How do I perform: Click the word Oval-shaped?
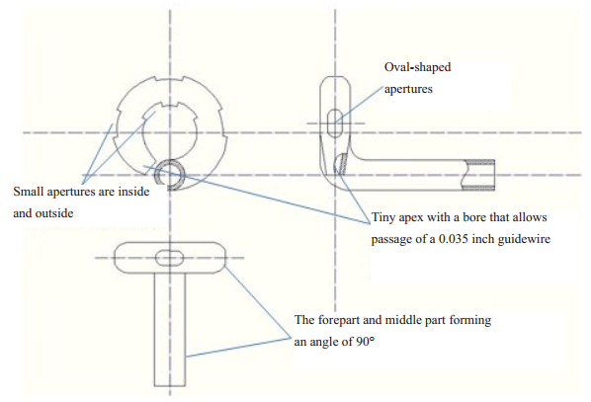[x=417, y=67]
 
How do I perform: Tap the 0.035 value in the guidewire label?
[x=453, y=239]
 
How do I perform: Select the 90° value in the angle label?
[x=365, y=342]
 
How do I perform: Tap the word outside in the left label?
[x=54, y=213]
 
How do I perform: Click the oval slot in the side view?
[x=334, y=123]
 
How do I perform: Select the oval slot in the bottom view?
[x=170, y=258]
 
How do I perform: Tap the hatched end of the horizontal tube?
[x=479, y=175]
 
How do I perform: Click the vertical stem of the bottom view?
[x=170, y=329]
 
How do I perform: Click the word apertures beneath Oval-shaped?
[x=408, y=90]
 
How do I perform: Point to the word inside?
[x=133, y=192]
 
